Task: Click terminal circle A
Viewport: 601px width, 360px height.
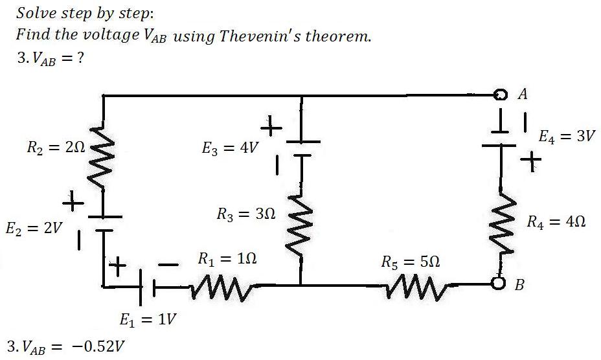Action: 499,95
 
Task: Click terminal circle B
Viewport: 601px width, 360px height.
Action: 497,284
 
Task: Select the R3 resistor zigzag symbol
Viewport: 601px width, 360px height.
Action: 301,225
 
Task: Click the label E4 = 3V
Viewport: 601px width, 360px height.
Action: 567,137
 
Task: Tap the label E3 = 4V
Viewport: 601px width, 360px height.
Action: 230,148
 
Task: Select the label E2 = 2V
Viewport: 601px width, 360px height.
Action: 33,229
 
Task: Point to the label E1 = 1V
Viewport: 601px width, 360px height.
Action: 148,320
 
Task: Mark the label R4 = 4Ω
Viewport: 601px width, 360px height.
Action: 556,222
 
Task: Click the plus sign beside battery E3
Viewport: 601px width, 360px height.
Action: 271,126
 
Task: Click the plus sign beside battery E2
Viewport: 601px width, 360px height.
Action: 73,201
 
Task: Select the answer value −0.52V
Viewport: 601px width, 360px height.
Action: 98,347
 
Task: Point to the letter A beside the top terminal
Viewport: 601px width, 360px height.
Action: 522,94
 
